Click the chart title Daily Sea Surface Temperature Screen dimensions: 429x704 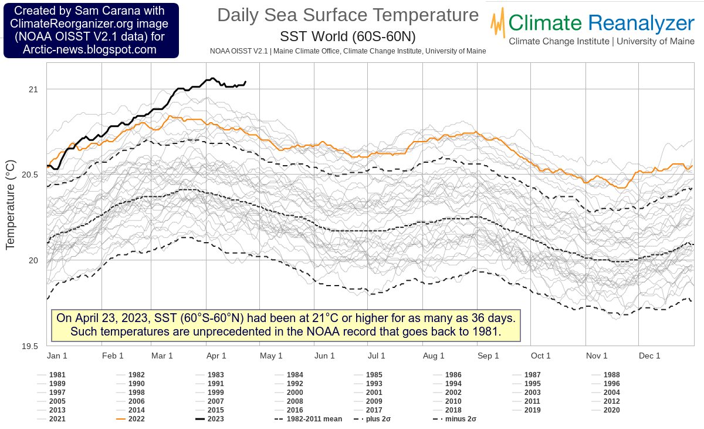point(348,16)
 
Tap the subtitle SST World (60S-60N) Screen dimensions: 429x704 point(348,36)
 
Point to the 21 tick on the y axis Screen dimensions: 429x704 point(33,89)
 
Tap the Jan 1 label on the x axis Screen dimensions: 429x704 point(57,356)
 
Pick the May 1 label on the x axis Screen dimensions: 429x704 point(272,356)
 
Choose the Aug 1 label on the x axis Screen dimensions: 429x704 point(434,356)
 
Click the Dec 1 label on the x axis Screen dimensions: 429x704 point(649,356)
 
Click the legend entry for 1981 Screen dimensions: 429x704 point(57,374)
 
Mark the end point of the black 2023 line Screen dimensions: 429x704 point(245,82)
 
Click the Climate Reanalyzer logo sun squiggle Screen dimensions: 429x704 point(499,24)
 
